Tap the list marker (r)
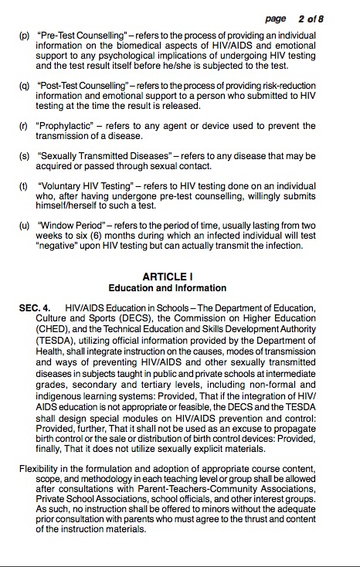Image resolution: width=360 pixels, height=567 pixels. pyautogui.click(x=24, y=127)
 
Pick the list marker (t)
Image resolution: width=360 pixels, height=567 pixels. pyautogui.click(x=24, y=186)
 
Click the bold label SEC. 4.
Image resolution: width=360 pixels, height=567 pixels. pyautogui.click(x=35, y=307)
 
